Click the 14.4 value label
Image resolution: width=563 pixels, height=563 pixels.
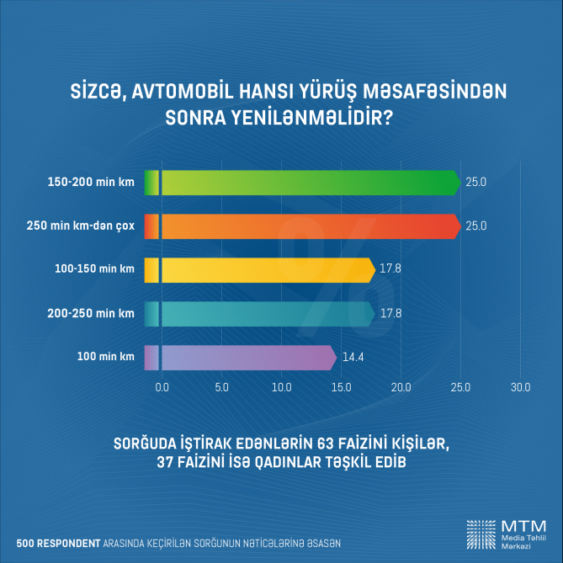click(x=352, y=358)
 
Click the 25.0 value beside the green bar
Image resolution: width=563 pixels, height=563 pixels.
click(x=476, y=182)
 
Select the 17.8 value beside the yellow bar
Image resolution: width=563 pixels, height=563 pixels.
click(x=391, y=269)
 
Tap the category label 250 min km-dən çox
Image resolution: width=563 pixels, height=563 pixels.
click(x=91, y=226)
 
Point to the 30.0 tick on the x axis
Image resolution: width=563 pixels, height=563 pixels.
click(x=520, y=388)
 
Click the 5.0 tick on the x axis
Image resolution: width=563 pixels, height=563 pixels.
click(x=222, y=388)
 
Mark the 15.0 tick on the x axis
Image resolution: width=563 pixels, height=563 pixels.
click(x=341, y=388)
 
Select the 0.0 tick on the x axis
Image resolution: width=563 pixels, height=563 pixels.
click(x=162, y=388)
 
